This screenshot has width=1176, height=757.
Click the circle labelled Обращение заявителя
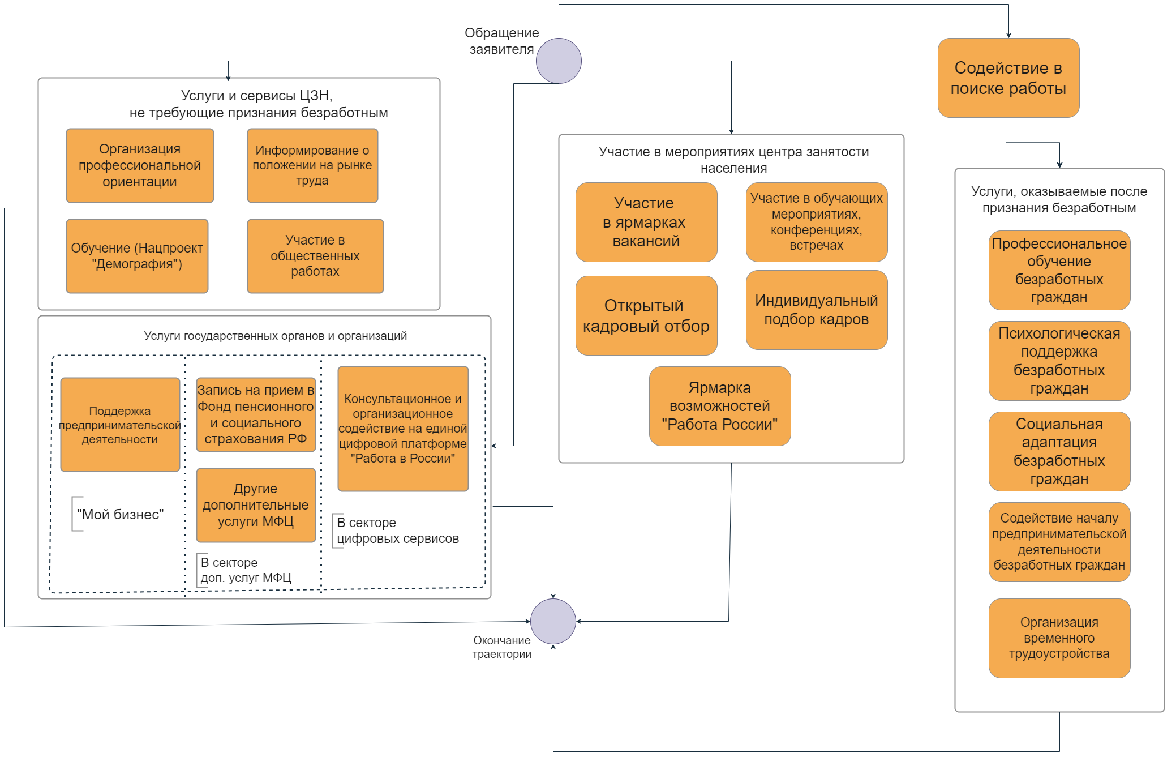pyautogui.click(x=559, y=61)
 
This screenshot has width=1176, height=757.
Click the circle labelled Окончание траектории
pyautogui.click(x=553, y=621)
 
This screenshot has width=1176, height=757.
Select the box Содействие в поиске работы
pyautogui.click(x=1008, y=78)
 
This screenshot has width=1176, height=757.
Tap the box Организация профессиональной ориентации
pyautogui.click(x=140, y=165)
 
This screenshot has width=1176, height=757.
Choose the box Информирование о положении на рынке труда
pyautogui.click(x=312, y=165)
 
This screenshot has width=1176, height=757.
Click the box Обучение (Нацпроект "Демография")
pyautogui.click(x=137, y=256)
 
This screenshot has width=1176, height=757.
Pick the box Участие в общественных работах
pyautogui.click(x=315, y=256)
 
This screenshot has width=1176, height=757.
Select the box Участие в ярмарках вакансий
pyautogui.click(x=646, y=222)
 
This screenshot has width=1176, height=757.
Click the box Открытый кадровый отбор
pyautogui.click(x=646, y=315)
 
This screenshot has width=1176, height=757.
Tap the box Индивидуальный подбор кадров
pyautogui.click(x=817, y=310)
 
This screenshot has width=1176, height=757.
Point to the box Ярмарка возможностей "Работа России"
pyautogui.click(x=720, y=406)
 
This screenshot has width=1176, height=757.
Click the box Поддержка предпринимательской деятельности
pyautogui.click(x=120, y=425)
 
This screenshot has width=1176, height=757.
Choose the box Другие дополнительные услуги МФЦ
pyautogui.click(x=256, y=505)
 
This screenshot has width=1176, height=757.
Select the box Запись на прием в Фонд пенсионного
pyautogui.click(x=256, y=414)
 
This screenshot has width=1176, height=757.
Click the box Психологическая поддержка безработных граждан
pyautogui.click(x=1059, y=361)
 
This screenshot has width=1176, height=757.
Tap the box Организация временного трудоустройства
pyautogui.click(x=1059, y=638)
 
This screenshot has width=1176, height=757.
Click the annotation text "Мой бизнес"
pyautogui.click(x=120, y=514)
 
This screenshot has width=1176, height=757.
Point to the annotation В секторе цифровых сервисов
pyautogui.click(x=398, y=531)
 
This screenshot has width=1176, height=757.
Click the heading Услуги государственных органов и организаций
pyautogui.click(x=276, y=336)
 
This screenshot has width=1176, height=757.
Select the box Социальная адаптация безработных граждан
pyautogui.click(x=1059, y=451)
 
